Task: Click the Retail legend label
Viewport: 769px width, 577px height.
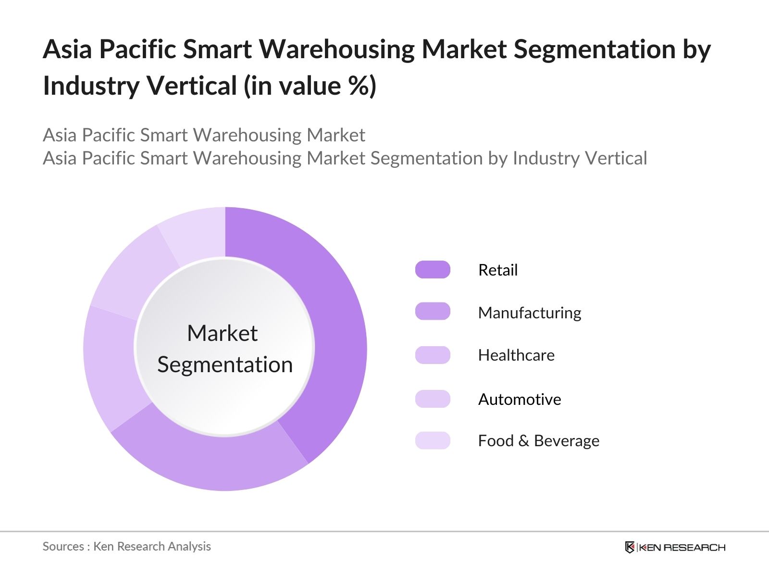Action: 498,270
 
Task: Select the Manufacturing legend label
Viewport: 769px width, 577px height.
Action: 529,313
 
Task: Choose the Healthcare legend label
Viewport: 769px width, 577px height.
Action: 516,355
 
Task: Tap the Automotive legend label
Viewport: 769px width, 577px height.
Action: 520,400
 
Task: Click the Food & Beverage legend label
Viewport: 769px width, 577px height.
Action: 538,441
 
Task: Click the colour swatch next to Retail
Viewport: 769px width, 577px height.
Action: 433,270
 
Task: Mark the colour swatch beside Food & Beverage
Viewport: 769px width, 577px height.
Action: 433,440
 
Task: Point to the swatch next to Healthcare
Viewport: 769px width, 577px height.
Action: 433,355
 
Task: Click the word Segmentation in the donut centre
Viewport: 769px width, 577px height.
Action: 225,365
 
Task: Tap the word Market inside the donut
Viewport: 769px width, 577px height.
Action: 222,333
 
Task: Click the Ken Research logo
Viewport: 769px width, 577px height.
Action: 675,547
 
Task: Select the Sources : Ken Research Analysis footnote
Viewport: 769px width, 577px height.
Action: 126,547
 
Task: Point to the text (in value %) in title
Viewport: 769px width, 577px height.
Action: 310,87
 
